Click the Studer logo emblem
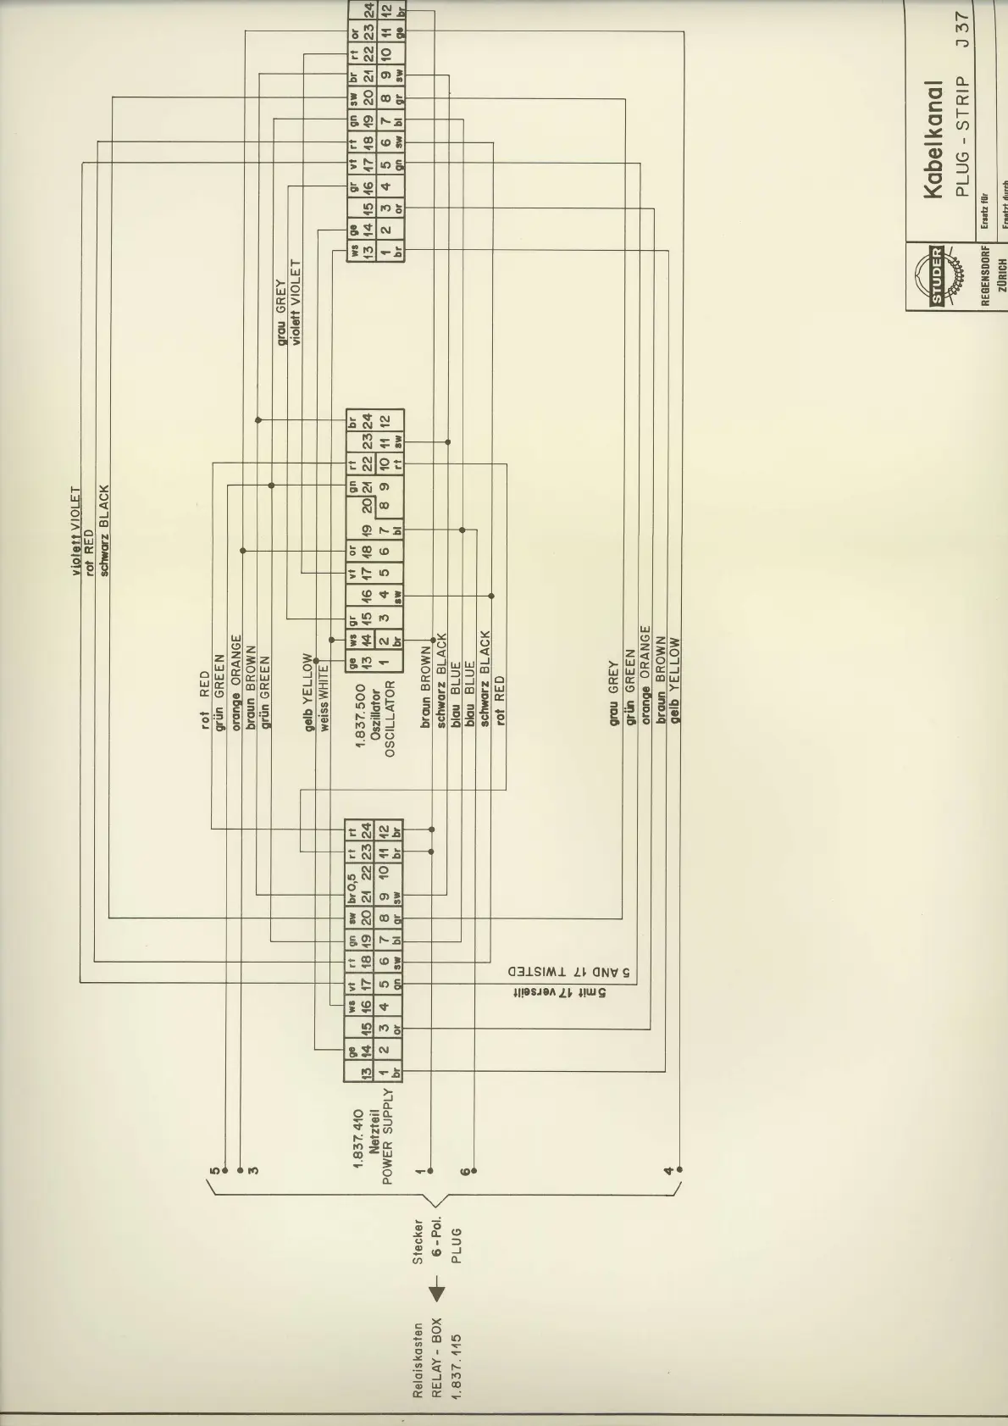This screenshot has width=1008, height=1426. (x=938, y=276)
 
